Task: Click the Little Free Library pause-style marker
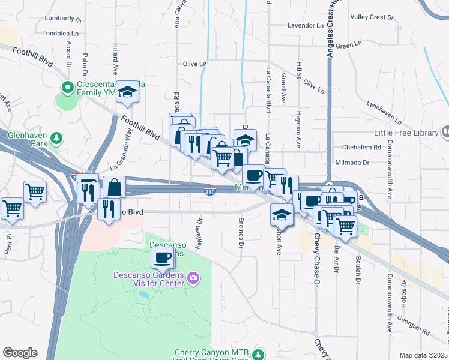pyautogui.click(x=445, y=131)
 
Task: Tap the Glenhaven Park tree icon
pyautogui.click(x=56, y=138)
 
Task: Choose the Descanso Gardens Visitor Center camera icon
pyautogui.click(x=193, y=278)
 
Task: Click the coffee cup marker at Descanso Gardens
pyautogui.click(x=161, y=258)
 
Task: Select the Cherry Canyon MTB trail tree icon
pyautogui.click(x=258, y=354)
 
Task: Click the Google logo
pyautogui.click(x=20, y=353)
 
